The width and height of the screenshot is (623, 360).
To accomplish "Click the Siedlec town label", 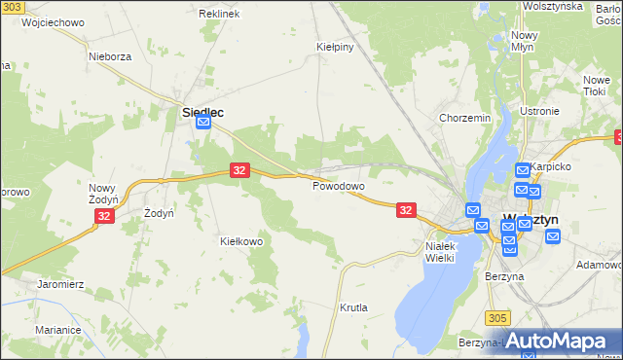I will [x=202, y=112].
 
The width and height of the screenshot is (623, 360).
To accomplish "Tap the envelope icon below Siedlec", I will [x=202, y=124].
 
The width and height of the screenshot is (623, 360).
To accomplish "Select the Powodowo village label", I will [x=338, y=186].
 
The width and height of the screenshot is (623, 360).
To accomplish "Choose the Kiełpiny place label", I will [x=334, y=46].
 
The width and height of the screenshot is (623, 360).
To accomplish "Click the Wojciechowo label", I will [x=49, y=21].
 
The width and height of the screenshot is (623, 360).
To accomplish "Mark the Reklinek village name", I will [x=218, y=15].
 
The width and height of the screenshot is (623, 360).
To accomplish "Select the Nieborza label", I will [x=110, y=56].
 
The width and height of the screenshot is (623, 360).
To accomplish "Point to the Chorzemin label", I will [x=464, y=119].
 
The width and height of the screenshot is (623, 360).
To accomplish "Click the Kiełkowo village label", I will [x=242, y=240].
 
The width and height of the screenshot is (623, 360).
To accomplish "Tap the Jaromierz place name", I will [x=61, y=284].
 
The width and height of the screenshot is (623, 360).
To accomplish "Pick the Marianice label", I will [x=57, y=330].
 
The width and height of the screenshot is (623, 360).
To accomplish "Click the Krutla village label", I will [x=353, y=307].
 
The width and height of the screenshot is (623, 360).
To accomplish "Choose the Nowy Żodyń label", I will [x=103, y=193].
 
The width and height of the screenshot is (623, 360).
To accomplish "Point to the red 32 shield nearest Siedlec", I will [x=240, y=170].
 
